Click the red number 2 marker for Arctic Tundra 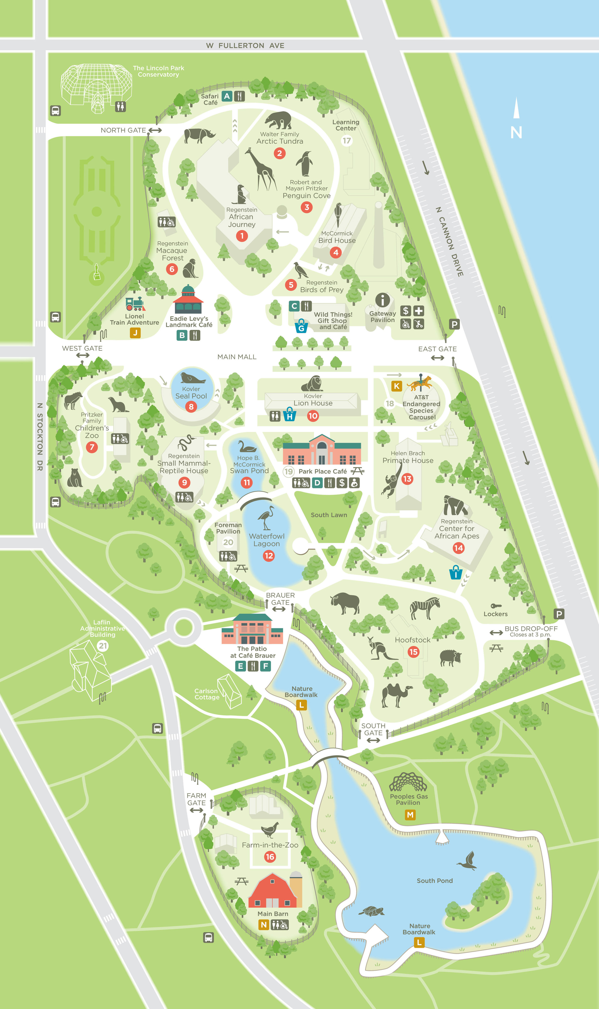point(279,153)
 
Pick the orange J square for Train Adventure point(135,333)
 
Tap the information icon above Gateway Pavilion point(382,300)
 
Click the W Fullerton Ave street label point(245,46)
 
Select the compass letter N point(516,132)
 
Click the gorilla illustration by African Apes point(455,506)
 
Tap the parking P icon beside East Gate point(454,324)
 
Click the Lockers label point(495,614)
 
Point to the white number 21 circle point(103,646)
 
